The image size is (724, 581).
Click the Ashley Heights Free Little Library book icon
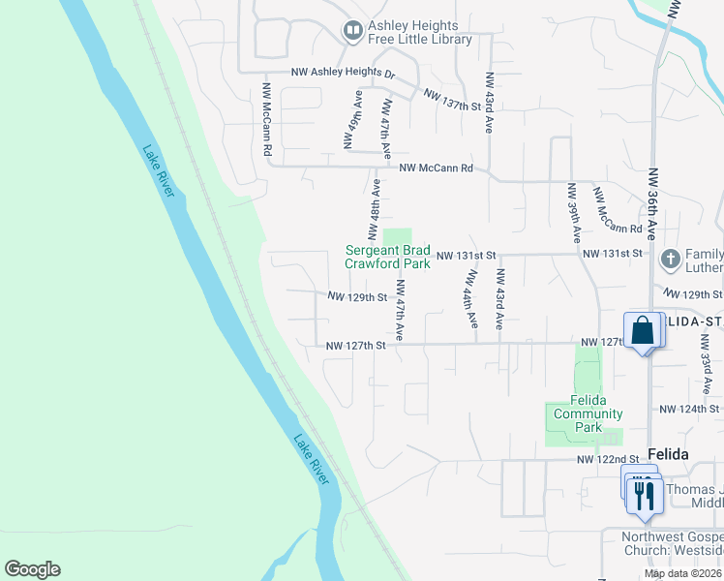(x=351, y=32)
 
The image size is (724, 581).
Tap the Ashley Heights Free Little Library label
(x=420, y=33)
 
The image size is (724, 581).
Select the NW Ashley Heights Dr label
(x=344, y=74)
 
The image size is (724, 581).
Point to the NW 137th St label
(x=452, y=100)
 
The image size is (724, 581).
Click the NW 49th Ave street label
(x=353, y=120)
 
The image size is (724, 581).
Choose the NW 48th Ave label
(x=373, y=208)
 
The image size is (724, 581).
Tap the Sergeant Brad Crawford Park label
(x=388, y=257)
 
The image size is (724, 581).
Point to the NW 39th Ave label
(x=574, y=212)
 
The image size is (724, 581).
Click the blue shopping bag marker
(x=643, y=331)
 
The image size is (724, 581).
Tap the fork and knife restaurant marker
(x=644, y=496)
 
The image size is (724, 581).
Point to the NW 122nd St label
(x=608, y=459)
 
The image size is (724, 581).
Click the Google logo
(x=32, y=569)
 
